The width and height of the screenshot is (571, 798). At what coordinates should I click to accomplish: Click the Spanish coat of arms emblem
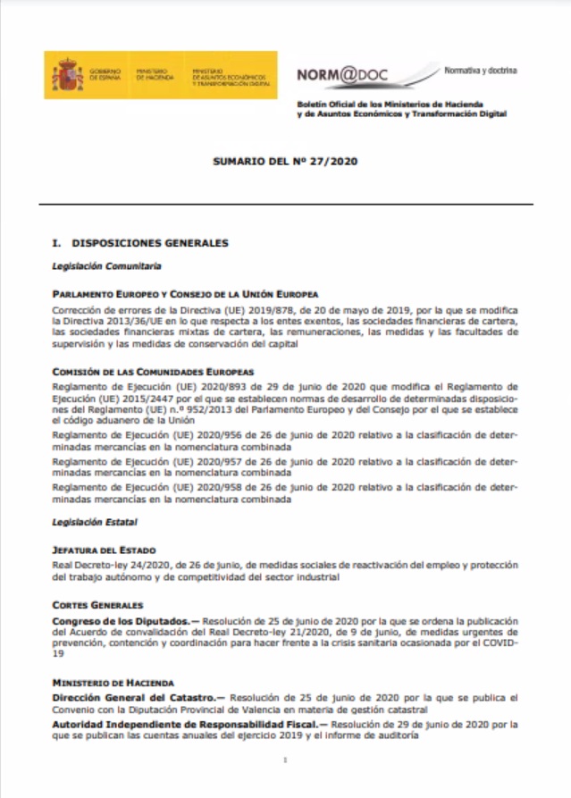(67, 76)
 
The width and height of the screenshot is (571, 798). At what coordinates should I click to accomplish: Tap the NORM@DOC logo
(343, 75)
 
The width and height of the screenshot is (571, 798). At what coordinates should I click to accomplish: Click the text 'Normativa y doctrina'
(481, 70)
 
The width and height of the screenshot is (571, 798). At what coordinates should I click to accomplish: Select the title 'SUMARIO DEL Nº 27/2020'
(285, 163)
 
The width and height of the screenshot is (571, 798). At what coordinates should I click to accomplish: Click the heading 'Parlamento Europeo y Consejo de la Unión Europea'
(186, 294)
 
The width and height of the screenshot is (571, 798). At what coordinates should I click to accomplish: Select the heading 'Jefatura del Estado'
(105, 551)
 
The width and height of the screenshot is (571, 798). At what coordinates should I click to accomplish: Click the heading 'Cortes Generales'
(97, 605)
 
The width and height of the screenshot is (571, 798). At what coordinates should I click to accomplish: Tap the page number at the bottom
(285, 760)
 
